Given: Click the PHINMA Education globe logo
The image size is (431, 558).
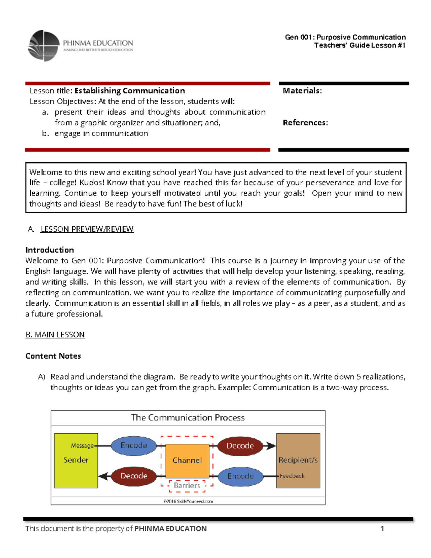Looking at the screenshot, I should coord(44,46).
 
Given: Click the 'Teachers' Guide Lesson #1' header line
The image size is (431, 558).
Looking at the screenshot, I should coord(360,45).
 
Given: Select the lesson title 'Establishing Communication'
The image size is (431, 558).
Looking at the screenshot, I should coord(130,91).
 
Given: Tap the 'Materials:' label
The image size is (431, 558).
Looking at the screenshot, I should coord(302,91).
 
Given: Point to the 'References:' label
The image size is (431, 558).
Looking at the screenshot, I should coord(305,123).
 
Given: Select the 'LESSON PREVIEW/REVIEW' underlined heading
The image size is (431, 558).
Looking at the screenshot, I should coord(87,229).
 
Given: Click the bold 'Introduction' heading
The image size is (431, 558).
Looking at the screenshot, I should coord(50,250).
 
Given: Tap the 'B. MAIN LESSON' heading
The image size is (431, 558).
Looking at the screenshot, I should coord(55,335).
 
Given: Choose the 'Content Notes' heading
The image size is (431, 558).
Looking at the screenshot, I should coord(53,356).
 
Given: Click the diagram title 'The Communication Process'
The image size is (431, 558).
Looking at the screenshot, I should coord(187,418).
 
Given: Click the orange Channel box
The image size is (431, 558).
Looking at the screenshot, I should coord(187,460).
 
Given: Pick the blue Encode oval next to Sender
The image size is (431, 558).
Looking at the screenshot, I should coord(134,446).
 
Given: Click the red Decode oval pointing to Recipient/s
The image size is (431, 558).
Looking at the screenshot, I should coord(240,446).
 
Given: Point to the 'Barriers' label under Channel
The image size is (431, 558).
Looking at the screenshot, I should coord(187,485).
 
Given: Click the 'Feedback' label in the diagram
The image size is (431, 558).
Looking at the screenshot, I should coord(292,476).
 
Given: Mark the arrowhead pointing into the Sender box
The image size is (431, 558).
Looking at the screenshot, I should coord(103,476).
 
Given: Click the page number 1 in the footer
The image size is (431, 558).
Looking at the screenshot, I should coord(382,529).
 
